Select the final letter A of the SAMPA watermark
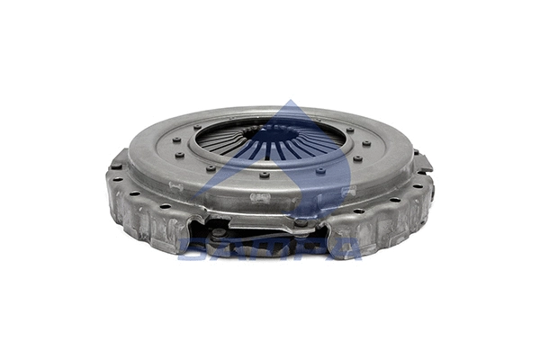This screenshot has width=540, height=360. coord(346,247)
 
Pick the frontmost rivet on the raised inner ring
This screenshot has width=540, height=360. coord(265,175)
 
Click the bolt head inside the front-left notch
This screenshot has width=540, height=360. coord(219,232)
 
